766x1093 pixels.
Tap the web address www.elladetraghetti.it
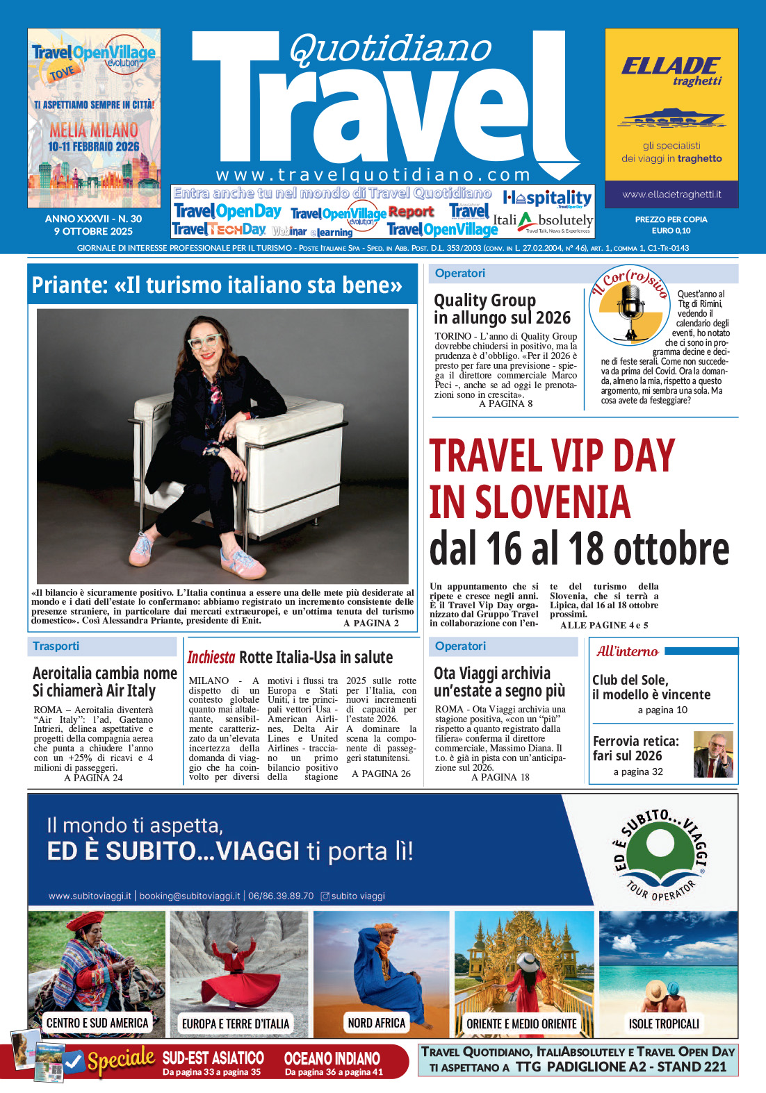click(671, 195)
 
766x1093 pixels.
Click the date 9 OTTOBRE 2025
click(93, 231)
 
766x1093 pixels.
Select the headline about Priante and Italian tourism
click(217, 285)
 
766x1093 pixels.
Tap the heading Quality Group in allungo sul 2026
click(502, 309)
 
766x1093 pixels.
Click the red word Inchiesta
click(211, 657)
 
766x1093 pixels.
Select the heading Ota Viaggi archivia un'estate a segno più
click(499, 682)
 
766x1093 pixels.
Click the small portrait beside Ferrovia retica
click(712, 754)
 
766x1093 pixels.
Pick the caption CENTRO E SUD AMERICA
click(97, 1023)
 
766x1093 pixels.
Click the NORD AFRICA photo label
click(376, 1023)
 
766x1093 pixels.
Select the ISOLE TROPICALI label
click(664, 1024)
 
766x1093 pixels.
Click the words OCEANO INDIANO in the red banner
click(332, 1058)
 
